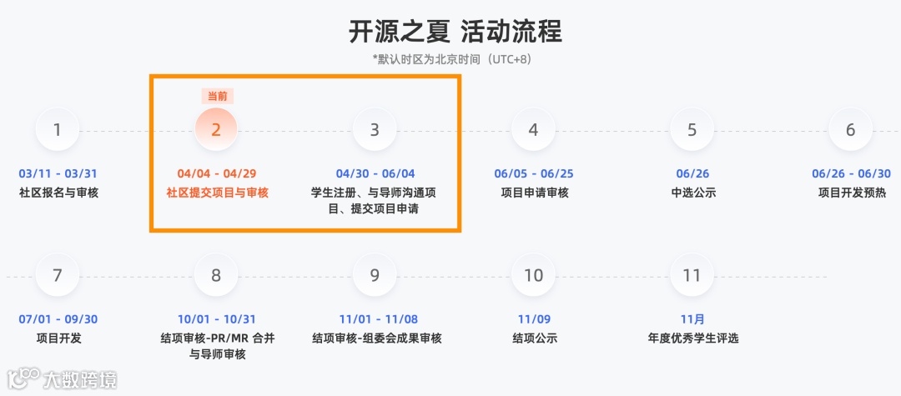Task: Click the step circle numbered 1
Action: tap(57, 130)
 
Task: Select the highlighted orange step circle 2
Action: tap(216, 130)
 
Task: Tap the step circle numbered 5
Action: tap(692, 130)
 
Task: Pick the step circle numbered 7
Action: tap(57, 275)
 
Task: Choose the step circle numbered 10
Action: tap(533, 275)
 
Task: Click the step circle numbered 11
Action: tap(692, 275)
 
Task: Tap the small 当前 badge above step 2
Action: tap(217, 96)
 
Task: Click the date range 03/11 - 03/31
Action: tap(58, 174)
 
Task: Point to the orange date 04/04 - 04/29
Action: tap(217, 174)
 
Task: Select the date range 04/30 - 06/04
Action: tap(375, 174)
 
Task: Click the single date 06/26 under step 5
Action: tap(692, 174)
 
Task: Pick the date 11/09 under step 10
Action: tap(534, 319)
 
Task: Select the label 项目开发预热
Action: tap(852, 193)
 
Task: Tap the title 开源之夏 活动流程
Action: tap(456, 32)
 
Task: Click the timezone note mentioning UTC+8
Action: tap(451, 59)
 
